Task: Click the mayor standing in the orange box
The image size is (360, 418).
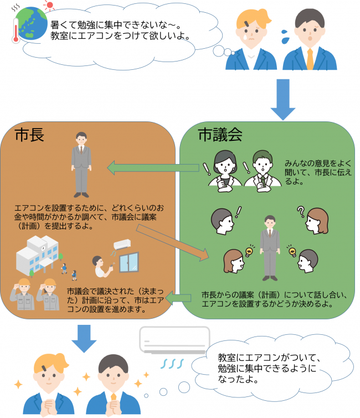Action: click(x=81, y=161)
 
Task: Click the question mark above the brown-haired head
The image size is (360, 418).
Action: click(x=301, y=211)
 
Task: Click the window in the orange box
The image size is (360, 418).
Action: click(x=129, y=262)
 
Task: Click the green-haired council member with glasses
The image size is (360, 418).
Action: click(x=261, y=166)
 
